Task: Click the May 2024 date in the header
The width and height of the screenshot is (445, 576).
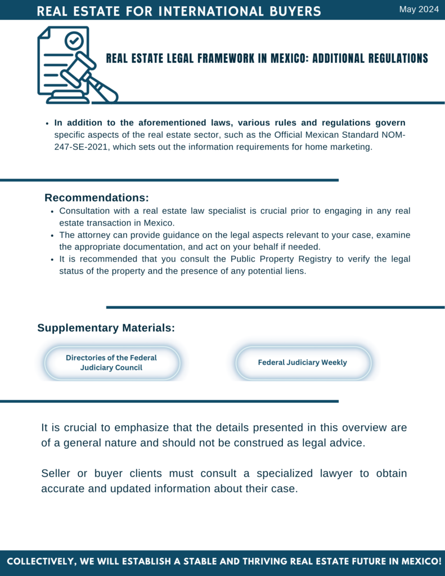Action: point(419,9)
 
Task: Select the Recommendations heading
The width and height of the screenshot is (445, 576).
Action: point(97,198)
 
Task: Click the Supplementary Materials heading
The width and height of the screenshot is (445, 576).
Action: point(106,328)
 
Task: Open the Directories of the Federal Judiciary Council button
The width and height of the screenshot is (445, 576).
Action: point(111,363)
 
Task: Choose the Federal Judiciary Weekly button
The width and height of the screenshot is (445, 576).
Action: point(303,363)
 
